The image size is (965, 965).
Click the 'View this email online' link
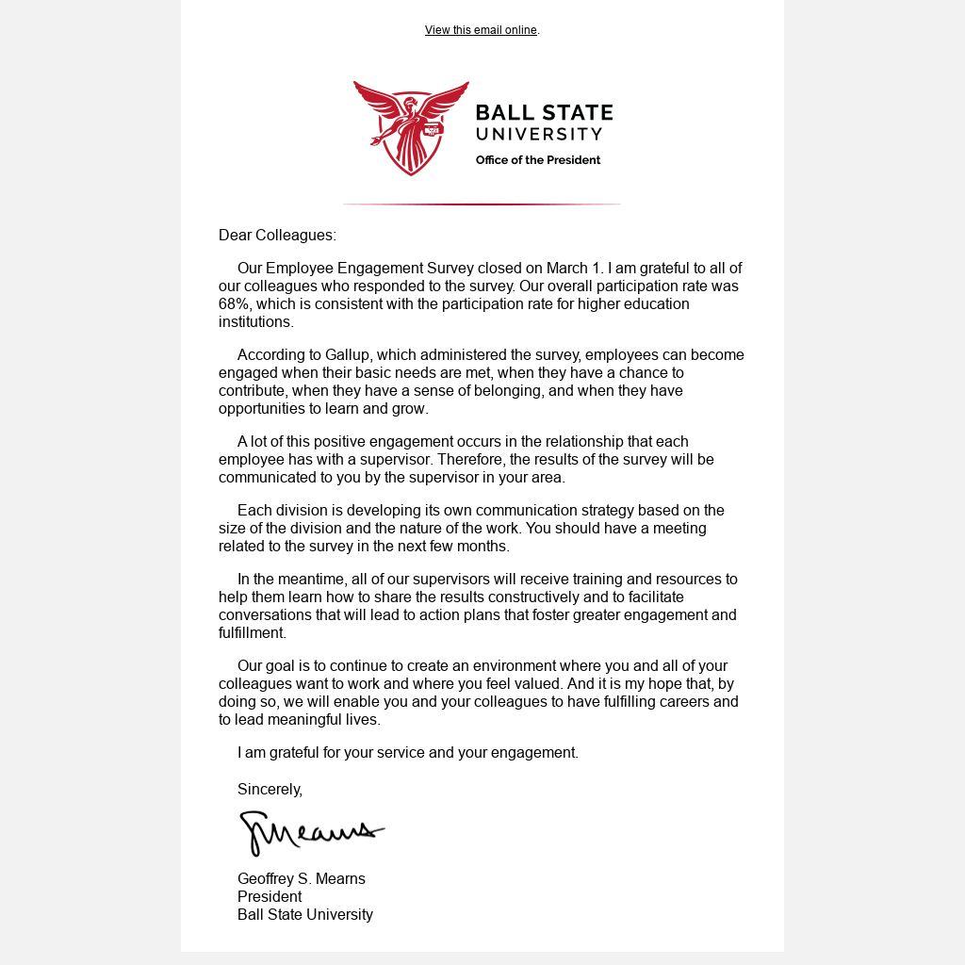click(481, 30)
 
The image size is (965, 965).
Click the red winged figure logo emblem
click(411, 127)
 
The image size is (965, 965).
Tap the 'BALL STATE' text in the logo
click(544, 114)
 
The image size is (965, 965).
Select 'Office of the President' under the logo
click(537, 160)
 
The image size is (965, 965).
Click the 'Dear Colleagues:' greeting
click(277, 236)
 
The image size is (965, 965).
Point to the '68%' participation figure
click(235, 304)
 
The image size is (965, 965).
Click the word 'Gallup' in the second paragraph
click(348, 355)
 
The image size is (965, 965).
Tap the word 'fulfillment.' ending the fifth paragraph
click(253, 633)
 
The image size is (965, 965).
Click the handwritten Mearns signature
click(311, 832)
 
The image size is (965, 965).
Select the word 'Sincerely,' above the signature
click(270, 790)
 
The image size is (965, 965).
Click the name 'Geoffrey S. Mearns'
click(302, 879)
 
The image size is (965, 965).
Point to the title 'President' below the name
click(270, 897)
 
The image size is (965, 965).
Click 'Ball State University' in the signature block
click(305, 915)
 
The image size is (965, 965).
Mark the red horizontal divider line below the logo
click(482, 204)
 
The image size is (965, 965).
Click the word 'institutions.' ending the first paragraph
click(256, 322)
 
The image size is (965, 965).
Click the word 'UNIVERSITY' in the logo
click(538, 135)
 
